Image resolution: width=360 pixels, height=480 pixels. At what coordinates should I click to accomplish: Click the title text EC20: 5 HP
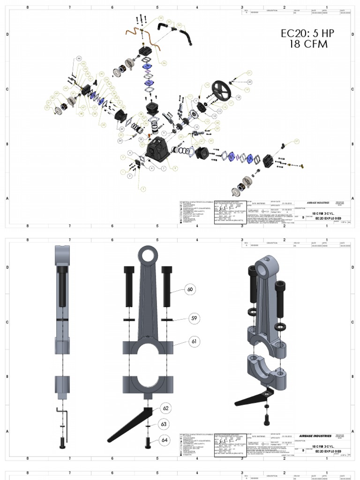tap(308, 33)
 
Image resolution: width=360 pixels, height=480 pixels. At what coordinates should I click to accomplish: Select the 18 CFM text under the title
tap(308, 44)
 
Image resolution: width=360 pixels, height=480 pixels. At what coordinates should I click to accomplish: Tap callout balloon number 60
tap(190, 289)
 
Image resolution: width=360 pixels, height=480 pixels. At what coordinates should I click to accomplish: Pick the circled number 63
tap(164, 424)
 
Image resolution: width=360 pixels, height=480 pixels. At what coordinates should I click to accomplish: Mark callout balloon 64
tap(164, 440)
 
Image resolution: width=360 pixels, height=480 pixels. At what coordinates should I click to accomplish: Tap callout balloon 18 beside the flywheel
tap(238, 97)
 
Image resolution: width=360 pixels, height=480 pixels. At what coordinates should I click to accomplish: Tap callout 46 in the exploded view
tap(79, 59)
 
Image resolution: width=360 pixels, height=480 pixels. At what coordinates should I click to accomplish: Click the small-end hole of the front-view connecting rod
tap(149, 256)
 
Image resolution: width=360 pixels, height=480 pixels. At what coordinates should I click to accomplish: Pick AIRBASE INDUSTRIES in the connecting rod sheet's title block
tap(315, 436)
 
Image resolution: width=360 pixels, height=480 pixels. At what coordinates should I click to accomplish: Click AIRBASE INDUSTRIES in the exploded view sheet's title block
tap(315, 202)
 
